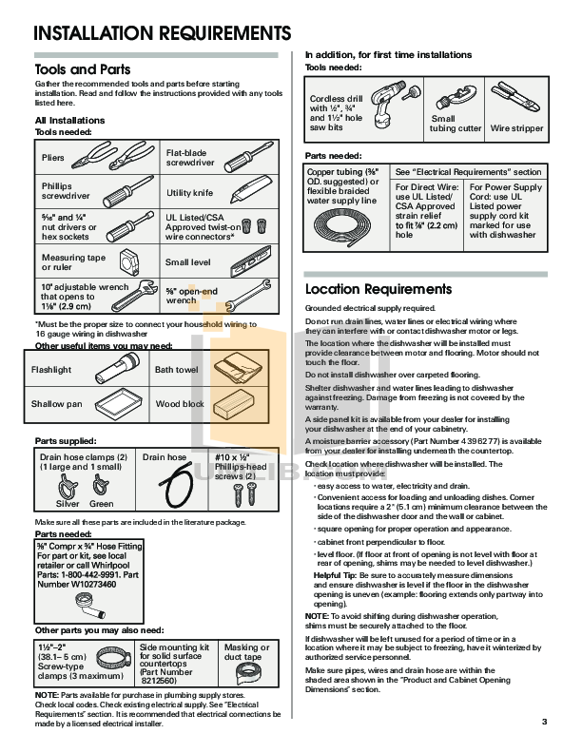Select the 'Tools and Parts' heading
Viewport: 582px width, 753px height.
point(82,69)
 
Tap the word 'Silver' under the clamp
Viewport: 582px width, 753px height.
point(68,504)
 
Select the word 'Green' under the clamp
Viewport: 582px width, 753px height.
point(101,504)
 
